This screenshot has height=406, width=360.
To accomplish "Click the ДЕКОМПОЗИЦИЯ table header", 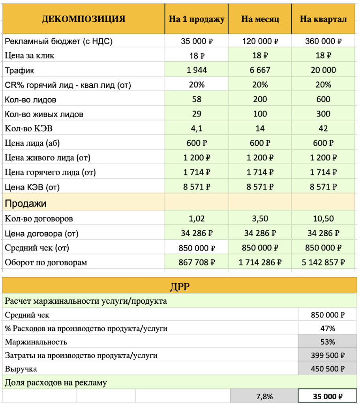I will point(83,19).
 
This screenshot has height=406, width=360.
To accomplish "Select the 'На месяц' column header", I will point(260,19).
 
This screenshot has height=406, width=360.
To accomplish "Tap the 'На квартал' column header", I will point(323,19).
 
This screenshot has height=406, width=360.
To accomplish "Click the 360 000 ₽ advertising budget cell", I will point(323,41).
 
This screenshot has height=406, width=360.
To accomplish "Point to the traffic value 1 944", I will point(197,70).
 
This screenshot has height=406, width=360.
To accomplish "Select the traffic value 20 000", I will point(323,70).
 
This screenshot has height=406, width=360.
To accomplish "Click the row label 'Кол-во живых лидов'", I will point(44,115).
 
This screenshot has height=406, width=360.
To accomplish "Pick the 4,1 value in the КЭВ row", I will point(197,129).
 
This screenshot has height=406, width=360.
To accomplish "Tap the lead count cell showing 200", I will point(260,100).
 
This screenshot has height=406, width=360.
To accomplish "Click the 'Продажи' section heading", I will point(26,203).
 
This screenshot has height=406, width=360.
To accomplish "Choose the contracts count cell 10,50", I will point(323,218).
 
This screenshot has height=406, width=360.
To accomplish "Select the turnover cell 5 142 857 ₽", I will point(323,262).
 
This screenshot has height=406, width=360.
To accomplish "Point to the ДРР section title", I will point(180,286).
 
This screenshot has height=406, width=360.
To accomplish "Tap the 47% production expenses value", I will point(327,329).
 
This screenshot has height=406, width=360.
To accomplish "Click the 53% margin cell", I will point(327,342).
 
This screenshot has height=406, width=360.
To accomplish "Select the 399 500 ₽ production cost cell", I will point(327,355).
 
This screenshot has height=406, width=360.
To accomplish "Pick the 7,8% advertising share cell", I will point(264,396).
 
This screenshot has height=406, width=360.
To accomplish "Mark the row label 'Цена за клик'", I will point(30,56).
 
